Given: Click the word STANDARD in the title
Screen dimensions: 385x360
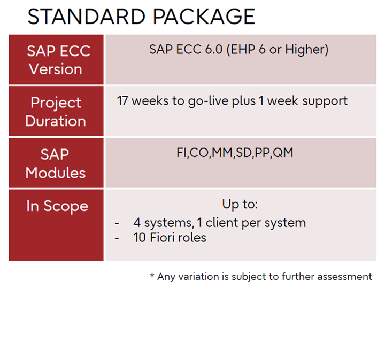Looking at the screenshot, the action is [87, 17].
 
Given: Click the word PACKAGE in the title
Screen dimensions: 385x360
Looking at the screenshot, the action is [204, 17].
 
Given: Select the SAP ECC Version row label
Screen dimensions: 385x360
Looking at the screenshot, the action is [58, 60].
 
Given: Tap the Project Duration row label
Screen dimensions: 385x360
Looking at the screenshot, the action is [56, 112].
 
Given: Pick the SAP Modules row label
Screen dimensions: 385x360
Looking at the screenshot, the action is [56, 163].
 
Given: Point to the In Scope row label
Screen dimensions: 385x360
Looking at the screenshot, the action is [57, 206].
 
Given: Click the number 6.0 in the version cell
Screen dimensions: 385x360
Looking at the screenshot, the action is [213, 49].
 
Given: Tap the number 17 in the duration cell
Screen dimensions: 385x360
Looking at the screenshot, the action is [122, 101].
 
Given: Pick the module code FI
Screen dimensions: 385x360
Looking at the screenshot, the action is [182, 153].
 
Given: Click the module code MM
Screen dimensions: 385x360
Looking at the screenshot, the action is [222, 153].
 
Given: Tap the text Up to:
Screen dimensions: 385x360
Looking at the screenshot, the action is [240, 204].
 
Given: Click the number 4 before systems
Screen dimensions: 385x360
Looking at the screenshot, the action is [137, 223].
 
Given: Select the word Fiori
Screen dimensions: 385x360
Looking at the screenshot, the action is [163, 237].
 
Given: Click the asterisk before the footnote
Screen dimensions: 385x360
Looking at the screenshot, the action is [152, 275].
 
